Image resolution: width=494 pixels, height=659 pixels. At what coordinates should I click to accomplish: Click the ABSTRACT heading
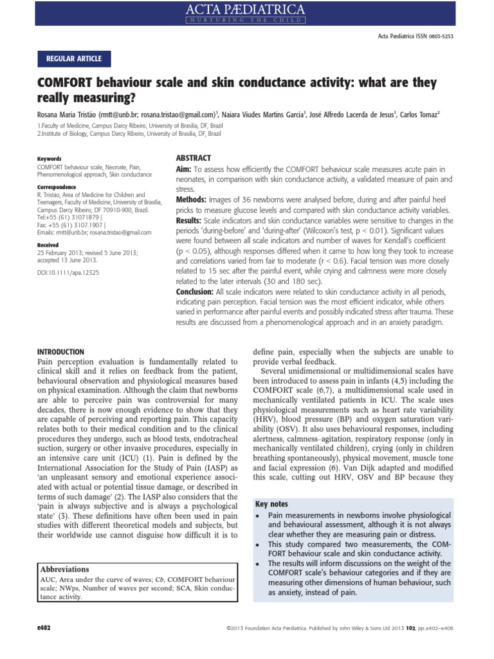[194, 158]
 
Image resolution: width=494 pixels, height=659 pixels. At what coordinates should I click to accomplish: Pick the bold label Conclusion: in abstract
[197, 292]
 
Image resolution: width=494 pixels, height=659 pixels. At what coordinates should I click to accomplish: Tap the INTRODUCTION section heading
[60, 352]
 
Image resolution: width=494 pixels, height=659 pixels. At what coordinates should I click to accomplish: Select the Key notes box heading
[272, 504]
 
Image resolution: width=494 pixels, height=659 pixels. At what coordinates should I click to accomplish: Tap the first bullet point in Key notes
[259, 517]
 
